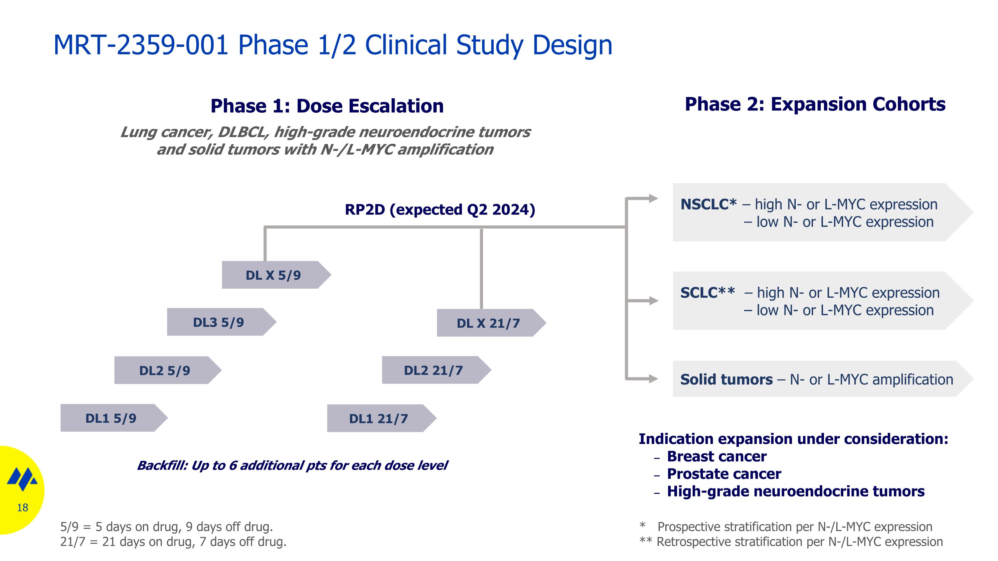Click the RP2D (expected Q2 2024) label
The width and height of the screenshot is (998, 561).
(x=440, y=210)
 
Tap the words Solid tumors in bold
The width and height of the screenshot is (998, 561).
(x=727, y=379)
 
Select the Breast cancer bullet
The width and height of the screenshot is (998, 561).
(x=716, y=457)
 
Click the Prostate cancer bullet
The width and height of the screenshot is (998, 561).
(x=724, y=474)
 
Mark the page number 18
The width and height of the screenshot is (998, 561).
(x=23, y=507)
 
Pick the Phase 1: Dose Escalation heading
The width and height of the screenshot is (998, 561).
(x=327, y=106)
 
